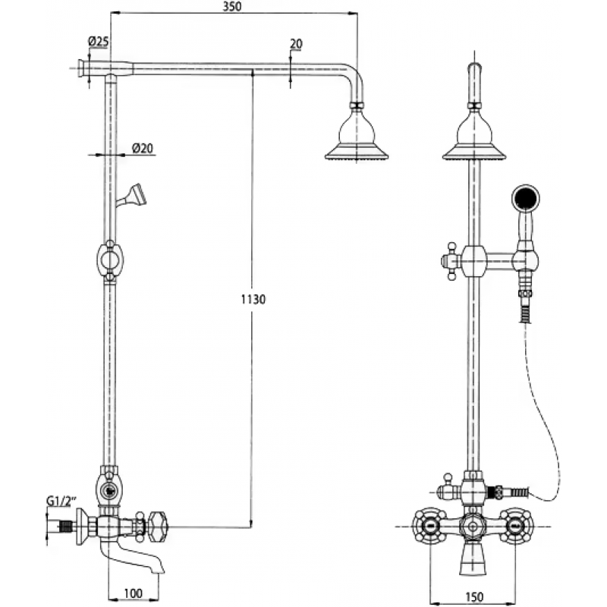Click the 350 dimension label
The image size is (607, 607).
tap(232, 7)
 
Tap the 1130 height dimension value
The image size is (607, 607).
tap(253, 299)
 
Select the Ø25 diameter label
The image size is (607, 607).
tap(99, 42)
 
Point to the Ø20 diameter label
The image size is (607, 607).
tap(143, 148)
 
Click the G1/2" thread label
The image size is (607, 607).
tap(61, 501)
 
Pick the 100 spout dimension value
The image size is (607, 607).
tap(134, 593)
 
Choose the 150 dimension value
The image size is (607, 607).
tap(473, 596)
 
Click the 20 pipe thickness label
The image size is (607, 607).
tap(296, 44)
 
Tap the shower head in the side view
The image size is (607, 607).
tap(357, 136)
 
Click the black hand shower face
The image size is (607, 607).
tap(525, 199)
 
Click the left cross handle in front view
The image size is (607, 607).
tap(430, 527)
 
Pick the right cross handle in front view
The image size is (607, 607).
tap(516, 527)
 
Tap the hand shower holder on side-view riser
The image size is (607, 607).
tap(131, 197)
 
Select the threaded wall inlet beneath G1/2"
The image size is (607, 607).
tap(66, 527)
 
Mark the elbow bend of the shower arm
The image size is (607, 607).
tap(356, 80)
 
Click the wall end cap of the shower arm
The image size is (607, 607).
tap(82, 68)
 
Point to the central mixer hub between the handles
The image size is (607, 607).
tap(473, 527)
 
